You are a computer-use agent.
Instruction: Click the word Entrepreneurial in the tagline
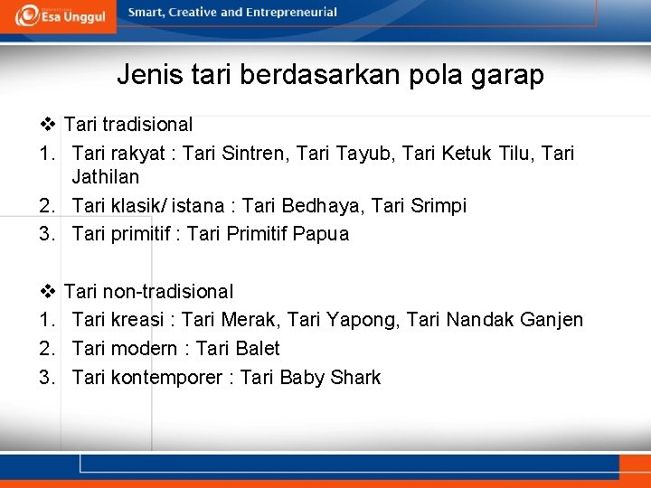[x=288, y=13]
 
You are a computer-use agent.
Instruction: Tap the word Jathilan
[x=105, y=177]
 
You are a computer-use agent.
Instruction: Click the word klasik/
[x=140, y=206]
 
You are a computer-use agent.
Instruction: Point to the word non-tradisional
[x=167, y=292]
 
